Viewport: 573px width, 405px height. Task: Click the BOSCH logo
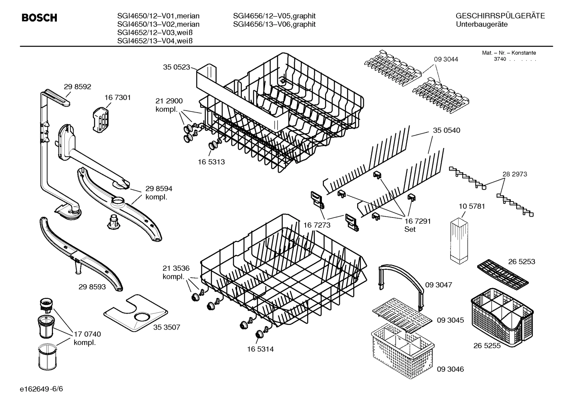coord(39,18)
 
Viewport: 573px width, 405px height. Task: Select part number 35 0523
coord(176,67)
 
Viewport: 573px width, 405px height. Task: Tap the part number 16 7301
coord(118,97)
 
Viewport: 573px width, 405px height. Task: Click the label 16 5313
coord(211,162)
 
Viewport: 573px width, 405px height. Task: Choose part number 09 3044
coord(446,59)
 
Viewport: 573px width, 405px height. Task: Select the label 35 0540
coord(447,130)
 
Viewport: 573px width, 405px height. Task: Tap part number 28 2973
coord(515,174)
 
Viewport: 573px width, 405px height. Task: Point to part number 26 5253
coord(521,262)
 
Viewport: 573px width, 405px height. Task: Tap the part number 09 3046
coord(450,369)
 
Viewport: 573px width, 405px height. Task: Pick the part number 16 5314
coord(260,349)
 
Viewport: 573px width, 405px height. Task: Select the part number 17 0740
coord(87,334)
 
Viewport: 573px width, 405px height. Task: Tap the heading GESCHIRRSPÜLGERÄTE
coord(500,16)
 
